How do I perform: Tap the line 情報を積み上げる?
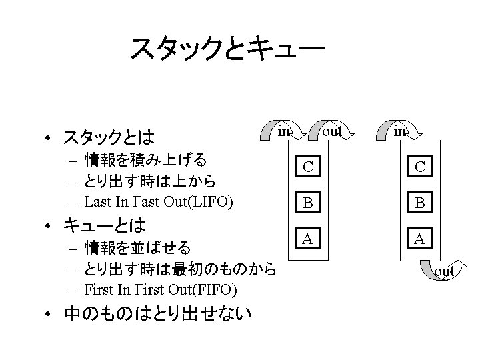tap(145, 160)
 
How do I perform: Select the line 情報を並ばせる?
tap(138, 248)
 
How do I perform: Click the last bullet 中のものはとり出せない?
tap(157, 312)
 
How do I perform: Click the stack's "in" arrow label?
tap(283, 131)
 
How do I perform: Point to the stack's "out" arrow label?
tap(331, 131)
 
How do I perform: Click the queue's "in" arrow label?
tap(399, 131)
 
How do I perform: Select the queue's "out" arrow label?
tap(445, 271)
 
